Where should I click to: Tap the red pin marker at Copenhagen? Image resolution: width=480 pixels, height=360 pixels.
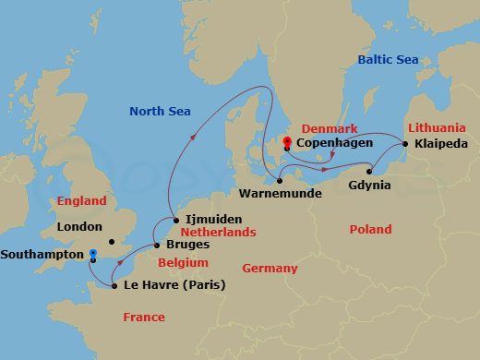pyautogui.click(x=287, y=141)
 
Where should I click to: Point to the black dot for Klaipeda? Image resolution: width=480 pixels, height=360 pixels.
pyautogui.click(x=405, y=144)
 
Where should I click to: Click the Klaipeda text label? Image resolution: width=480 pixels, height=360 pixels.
pyautogui.click(x=441, y=145)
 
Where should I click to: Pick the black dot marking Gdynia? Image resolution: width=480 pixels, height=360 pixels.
pyautogui.click(x=369, y=171)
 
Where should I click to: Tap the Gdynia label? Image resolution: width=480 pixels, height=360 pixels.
pyautogui.click(x=370, y=186)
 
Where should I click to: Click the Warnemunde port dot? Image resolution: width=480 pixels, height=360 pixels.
pyautogui.click(x=279, y=181)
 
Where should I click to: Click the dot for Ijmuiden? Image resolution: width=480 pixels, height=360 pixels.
pyautogui.click(x=174, y=221)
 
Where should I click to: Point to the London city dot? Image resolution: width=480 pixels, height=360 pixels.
pyautogui.click(x=111, y=243)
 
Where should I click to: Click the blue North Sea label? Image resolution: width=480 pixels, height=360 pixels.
pyautogui.click(x=160, y=112)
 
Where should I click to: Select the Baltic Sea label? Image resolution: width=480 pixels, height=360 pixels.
pyautogui.click(x=388, y=61)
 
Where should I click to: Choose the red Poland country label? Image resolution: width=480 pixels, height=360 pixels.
pyautogui.click(x=370, y=229)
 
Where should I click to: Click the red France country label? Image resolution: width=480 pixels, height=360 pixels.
pyautogui.click(x=144, y=318)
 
